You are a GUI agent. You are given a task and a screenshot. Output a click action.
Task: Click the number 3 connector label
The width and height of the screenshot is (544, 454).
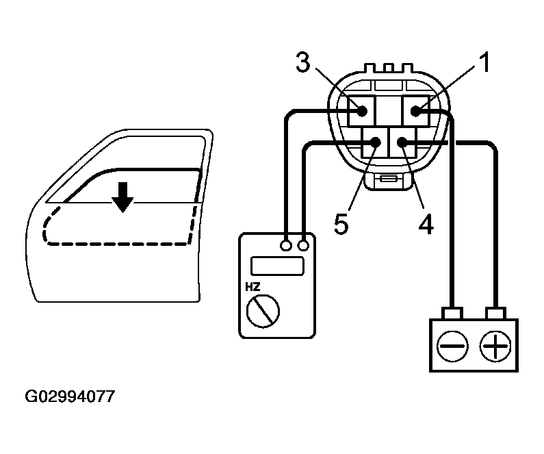[304, 63]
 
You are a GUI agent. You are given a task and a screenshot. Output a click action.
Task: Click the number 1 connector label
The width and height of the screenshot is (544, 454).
[484, 63]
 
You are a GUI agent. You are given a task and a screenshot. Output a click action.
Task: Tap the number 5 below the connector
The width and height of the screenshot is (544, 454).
[341, 225]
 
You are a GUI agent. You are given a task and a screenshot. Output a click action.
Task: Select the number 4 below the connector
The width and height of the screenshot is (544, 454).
[426, 224]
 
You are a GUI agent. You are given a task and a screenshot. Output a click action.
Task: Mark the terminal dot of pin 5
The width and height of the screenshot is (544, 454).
[375, 142]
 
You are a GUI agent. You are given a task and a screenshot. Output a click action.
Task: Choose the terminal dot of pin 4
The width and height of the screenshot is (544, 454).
[402, 142]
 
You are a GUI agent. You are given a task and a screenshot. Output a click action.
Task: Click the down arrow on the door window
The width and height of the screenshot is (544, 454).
[123, 197]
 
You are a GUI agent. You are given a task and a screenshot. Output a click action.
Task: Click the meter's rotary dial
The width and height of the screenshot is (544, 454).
[263, 312]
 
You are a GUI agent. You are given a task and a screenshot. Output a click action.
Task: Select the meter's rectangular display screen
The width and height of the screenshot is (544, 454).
[277, 266]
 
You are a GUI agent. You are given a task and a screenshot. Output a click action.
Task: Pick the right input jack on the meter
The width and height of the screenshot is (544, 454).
[303, 244]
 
